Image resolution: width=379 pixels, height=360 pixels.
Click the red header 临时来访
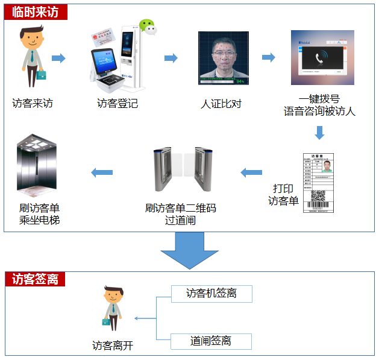34,11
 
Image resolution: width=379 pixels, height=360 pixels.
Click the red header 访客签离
34,279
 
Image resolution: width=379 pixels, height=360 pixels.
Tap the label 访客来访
33,103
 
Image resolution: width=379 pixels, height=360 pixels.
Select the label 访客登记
117,103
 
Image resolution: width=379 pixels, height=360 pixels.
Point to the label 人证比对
221,103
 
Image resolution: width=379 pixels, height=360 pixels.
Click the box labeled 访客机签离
211,294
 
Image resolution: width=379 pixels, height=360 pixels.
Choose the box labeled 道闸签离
211,341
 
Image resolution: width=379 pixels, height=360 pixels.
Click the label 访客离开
113,346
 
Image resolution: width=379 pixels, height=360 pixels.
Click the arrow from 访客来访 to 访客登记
58,58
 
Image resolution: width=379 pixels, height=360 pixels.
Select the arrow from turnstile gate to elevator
102,173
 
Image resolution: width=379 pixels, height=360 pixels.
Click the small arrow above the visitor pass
319,133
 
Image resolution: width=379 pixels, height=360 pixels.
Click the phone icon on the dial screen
321,58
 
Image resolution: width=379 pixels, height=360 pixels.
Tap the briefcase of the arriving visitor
40,76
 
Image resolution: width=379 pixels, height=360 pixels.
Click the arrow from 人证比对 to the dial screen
268,58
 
